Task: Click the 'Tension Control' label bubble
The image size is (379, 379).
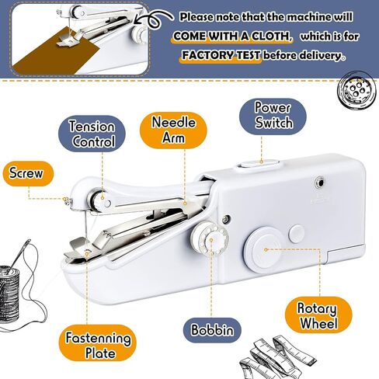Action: click(x=92, y=134)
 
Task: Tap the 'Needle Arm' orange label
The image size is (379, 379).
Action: click(x=173, y=130)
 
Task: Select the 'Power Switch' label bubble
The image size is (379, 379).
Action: click(x=273, y=116)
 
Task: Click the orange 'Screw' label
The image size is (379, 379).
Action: click(x=28, y=173)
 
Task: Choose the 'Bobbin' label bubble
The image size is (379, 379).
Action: click(x=212, y=330)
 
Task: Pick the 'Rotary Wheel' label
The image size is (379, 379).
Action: click(x=318, y=315)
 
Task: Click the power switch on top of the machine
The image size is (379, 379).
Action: click(x=259, y=164)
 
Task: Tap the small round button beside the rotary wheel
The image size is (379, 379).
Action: click(x=297, y=234)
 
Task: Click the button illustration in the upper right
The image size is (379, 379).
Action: click(x=358, y=91)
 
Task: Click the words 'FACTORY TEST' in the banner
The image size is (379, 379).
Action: click(x=221, y=55)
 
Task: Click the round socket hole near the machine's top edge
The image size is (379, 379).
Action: click(x=320, y=183)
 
